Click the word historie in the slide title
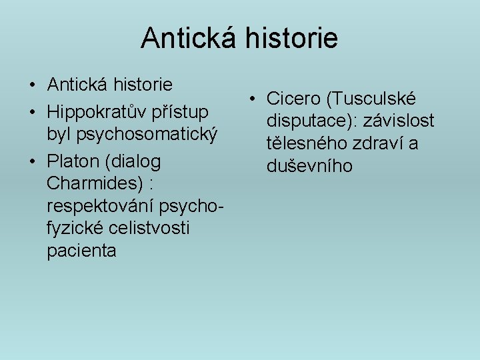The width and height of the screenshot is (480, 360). [295, 38]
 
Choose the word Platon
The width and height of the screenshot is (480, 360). [74, 162]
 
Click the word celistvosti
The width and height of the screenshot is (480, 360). [148, 228]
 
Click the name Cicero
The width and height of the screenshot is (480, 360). [292, 99]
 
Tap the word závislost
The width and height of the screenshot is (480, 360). [399, 121]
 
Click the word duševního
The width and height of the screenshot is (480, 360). [309, 166]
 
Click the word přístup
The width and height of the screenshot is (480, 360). [181, 110]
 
